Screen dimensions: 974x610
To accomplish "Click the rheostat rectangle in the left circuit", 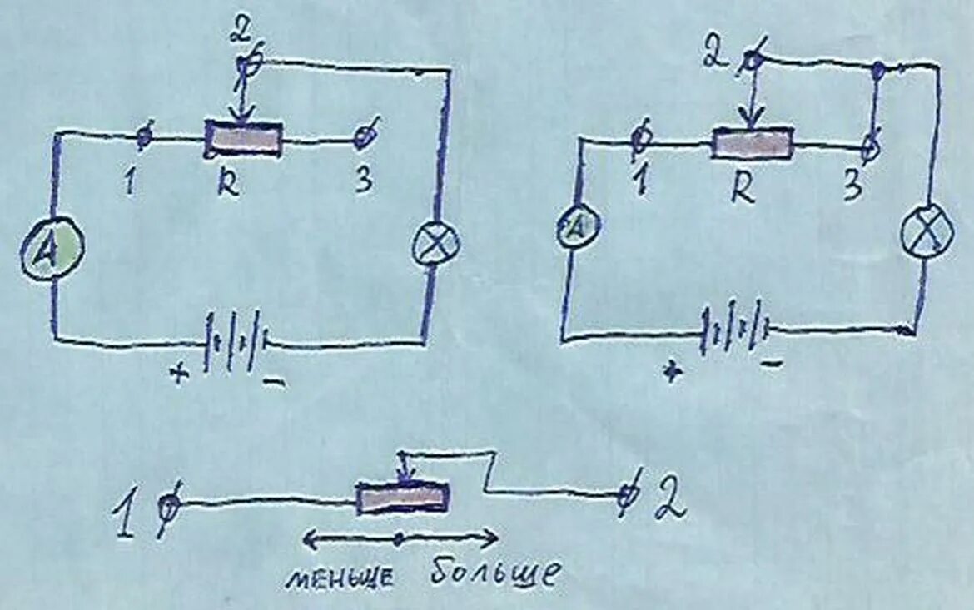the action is pos(244,137).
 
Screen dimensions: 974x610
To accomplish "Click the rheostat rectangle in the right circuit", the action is pos(752,143).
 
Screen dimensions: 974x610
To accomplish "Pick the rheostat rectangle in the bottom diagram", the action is pos(403,498).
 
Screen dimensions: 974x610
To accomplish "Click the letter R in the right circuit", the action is pos(743,189).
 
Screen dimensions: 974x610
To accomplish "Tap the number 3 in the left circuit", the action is pos(363,182).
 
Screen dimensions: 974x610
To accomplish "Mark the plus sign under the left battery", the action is pos(177,374).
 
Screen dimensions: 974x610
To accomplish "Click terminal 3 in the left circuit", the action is pos(364,136).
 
